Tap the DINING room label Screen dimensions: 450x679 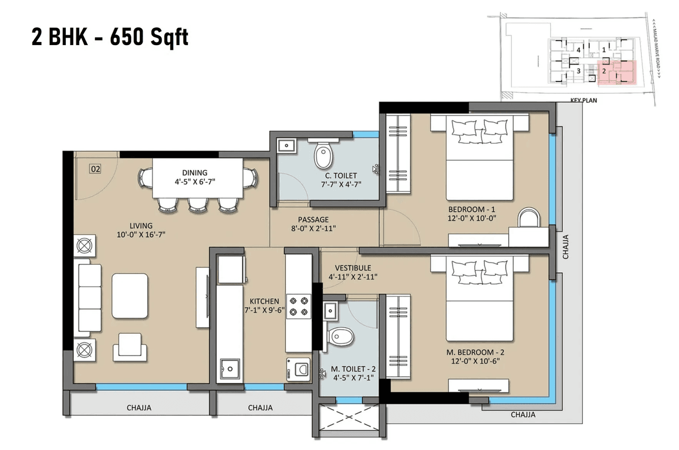pos(195,172)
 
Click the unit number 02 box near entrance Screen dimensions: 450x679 pos(95,169)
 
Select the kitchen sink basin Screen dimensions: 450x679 pos(229,368)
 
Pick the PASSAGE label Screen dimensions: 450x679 pos(313,219)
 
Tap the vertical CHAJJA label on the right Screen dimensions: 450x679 pos(565,247)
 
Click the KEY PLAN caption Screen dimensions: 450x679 pos(583,99)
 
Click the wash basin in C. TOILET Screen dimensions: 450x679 pos(287,144)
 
